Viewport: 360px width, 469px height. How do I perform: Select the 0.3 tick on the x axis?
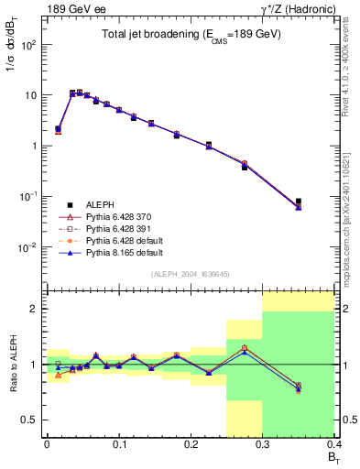263,443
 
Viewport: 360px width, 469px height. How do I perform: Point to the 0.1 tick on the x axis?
118,443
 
